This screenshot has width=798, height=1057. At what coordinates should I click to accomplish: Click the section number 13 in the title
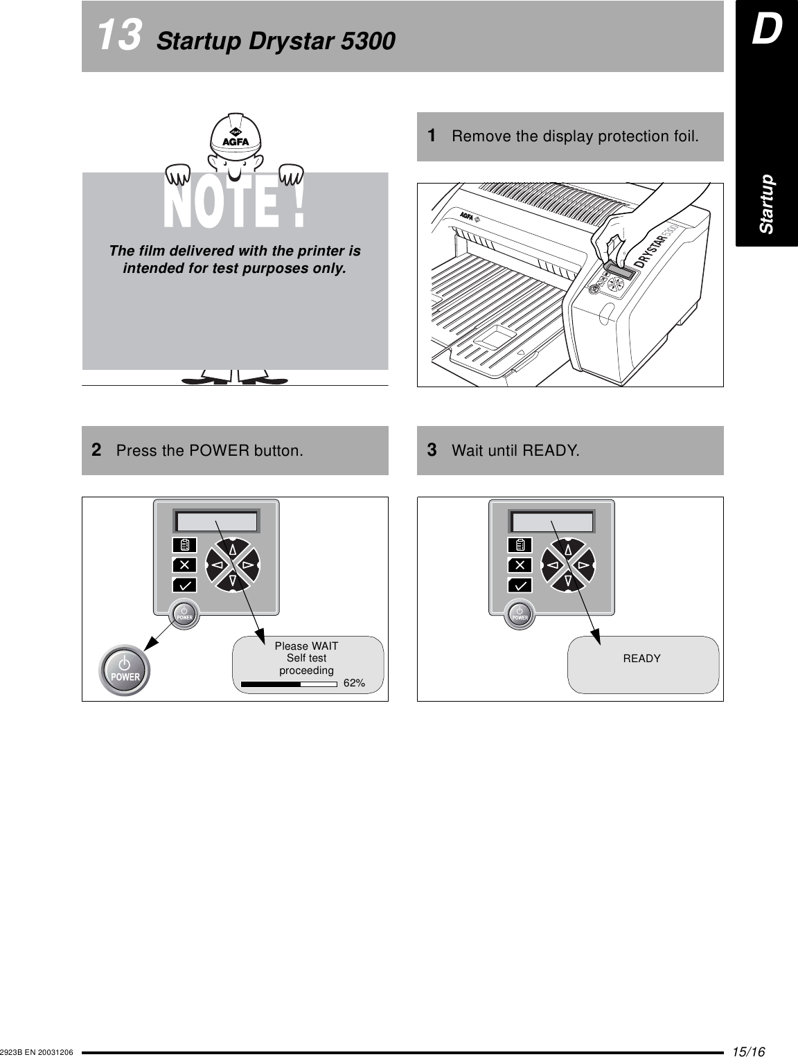[120, 36]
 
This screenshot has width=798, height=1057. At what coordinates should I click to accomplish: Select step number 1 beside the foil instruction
[432, 136]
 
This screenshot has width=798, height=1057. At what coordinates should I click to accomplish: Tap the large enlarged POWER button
[125, 670]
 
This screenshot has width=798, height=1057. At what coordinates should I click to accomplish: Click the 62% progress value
[355, 684]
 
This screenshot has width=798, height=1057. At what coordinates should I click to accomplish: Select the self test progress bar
[289, 684]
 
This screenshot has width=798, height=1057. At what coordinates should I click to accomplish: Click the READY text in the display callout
[641, 659]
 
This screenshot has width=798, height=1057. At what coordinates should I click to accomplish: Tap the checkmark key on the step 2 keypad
[185, 585]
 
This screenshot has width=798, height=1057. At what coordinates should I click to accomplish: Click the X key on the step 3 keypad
[520, 565]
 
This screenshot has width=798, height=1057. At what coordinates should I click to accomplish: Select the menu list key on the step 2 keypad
[185, 545]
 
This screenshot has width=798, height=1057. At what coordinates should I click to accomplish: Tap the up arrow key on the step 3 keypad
[568, 550]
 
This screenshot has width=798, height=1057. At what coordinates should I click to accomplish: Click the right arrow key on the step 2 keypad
[247, 565]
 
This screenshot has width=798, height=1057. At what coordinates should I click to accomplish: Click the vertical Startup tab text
[767, 204]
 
